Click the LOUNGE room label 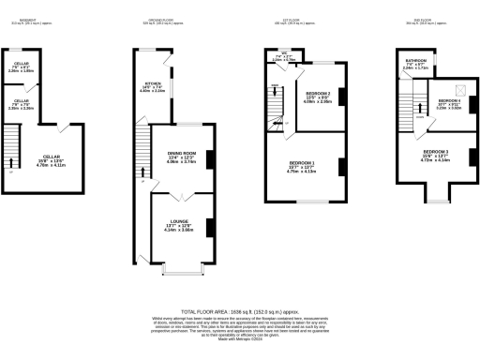click(x=182, y=223)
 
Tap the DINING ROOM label click(x=181, y=153)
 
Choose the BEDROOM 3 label click(x=435, y=151)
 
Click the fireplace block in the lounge click(x=207, y=227)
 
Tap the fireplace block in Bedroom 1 click(x=338, y=168)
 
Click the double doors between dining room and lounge click(x=182, y=191)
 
